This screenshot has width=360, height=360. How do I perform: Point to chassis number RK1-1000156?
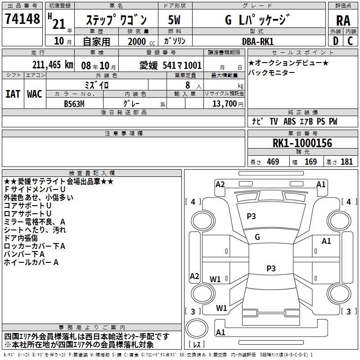coord(302,144)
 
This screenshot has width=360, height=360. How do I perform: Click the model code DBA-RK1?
coord(257,42)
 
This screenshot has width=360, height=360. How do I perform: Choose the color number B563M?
coord(74,103)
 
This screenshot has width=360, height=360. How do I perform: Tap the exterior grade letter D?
coord(335,41)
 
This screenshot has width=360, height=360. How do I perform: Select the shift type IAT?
coord(13,94)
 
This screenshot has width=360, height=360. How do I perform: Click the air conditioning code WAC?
coord(35,94)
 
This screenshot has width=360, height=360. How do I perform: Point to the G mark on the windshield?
coord(257,237)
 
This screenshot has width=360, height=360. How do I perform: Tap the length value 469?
coord(273,162)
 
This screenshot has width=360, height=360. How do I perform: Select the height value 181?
coord(346,162)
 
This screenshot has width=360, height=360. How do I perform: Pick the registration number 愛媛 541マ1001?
coord(171,65)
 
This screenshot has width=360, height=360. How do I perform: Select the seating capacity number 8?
coord(187,85)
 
